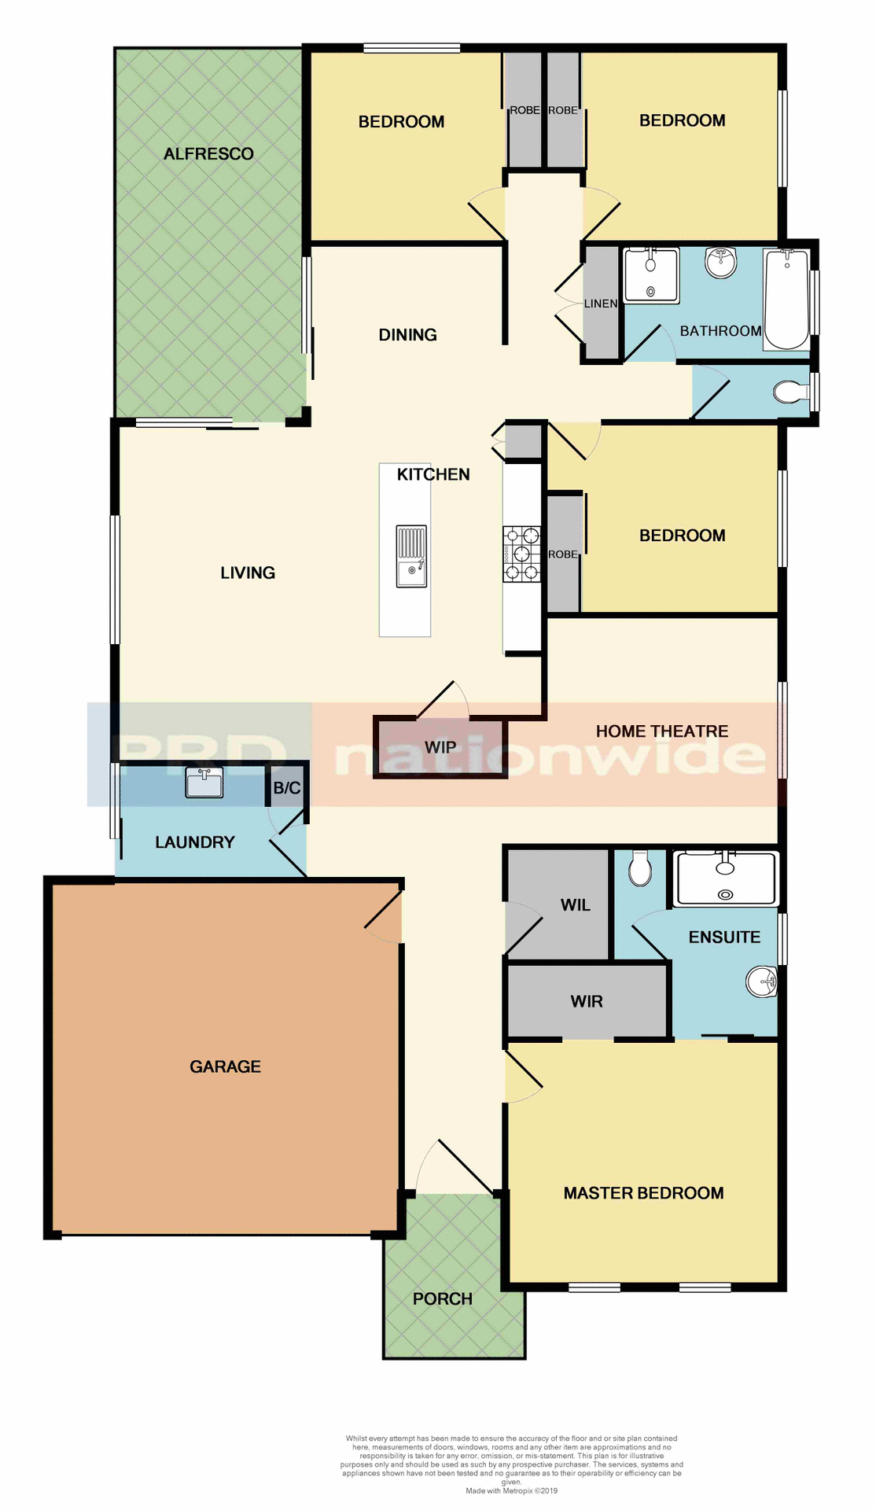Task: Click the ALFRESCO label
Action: pyautogui.click(x=208, y=154)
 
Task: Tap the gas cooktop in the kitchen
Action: pyautogui.click(x=521, y=554)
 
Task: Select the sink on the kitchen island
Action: pyautogui.click(x=411, y=556)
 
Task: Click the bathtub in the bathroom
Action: pyautogui.click(x=786, y=299)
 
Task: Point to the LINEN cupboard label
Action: pyautogui.click(x=601, y=304)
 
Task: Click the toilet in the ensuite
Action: pyautogui.click(x=641, y=867)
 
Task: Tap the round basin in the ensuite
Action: pyautogui.click(x=761, y=981)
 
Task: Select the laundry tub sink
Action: pyautogui.click(x=204, y=783)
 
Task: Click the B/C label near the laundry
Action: pyautogui.click(x=287, y=788)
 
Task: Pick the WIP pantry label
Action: pyautogui.click(x=440, y=747)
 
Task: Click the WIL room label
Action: pyautogui.click(x=576, y=905)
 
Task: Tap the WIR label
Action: pyautogui.click(x=587, y=1001)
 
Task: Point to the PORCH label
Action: pyautogui.click(x=443, y=1299)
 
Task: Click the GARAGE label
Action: pyautogui.click(x=225, y=1066)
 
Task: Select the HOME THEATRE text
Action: pyautogui.click(x=662, y=731)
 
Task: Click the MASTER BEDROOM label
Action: pyautogui.click(x=643, y=1193)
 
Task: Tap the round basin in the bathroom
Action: pyautogui.click(x=721, y=262)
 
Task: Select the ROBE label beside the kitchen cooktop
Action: pyautogui.click(x=563, y=554)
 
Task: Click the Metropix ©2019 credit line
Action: pyautogui.click(x=511, y=1490)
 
